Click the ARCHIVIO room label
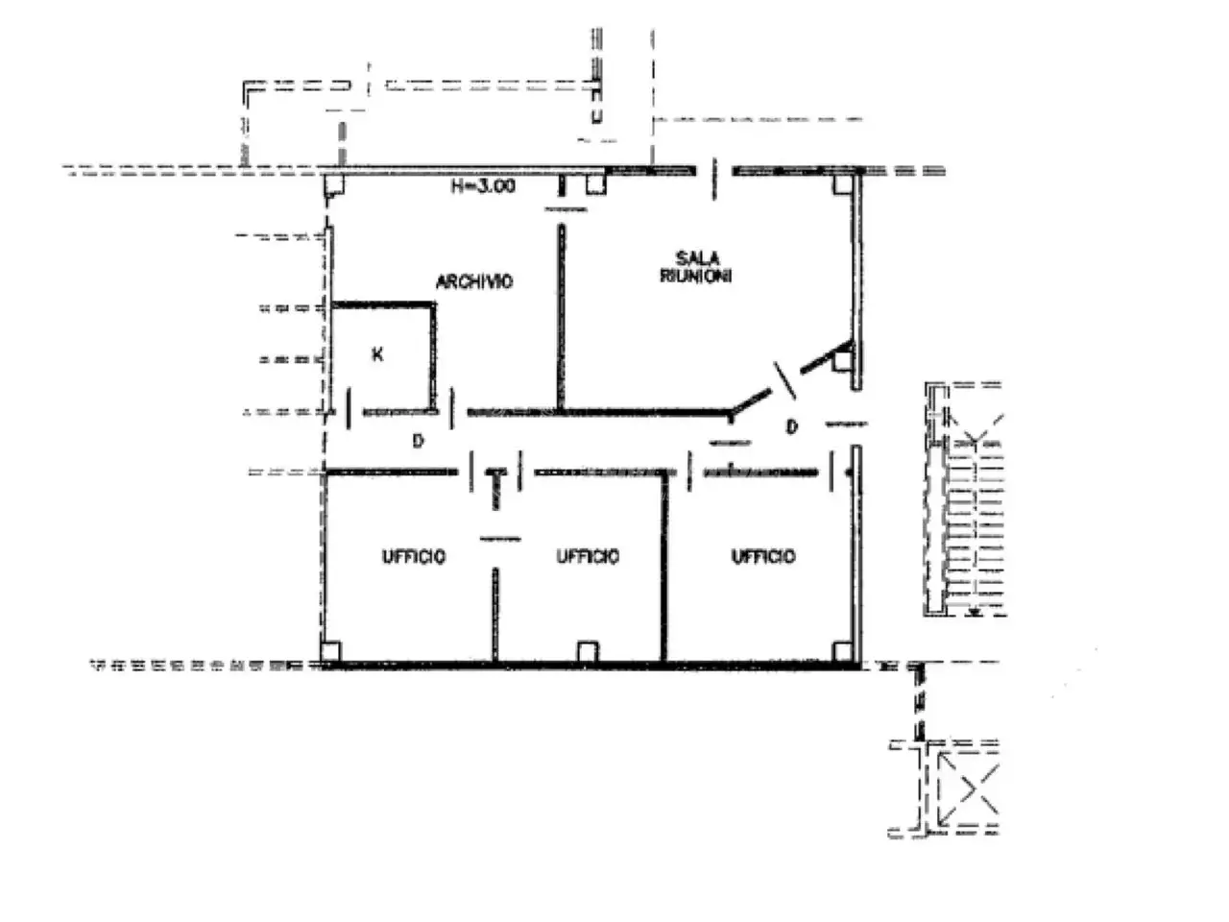click(x=473, y=281)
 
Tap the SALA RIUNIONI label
click(x=696, y=267)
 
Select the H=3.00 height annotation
click(x=483, y=186)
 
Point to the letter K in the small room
click(x=377, y=354)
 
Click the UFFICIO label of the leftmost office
click(x=413, y=556)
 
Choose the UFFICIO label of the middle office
click(x=588, y=556)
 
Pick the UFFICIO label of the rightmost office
click(x=762, y=556)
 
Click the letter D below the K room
click(x=418, y=442)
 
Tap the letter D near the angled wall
click(x=791, y=427)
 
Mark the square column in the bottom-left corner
click(x=330, y=651)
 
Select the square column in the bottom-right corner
click(x=842, y=651)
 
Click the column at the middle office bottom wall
click(x=588, y=651)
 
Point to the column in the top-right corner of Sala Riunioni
click(x=842, y=184)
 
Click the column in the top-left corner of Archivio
click(x=334, y=185)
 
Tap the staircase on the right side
click(x=964, y=498)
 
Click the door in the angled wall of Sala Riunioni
click(x=784, y=380)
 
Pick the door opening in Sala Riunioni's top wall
click(x=714, y=179)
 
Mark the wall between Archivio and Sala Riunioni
click(x=561, y=317)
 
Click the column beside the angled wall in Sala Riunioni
click(x=842, y=362)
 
